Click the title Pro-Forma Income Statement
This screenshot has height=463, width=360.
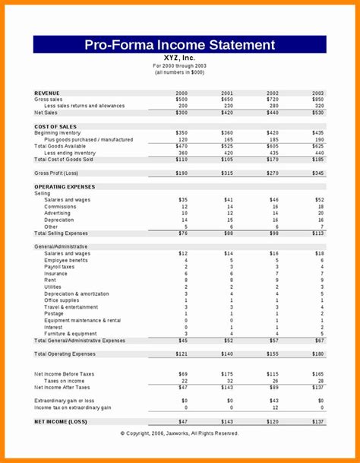[x=179, y=45]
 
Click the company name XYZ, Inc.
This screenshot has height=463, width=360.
[x=179, y=57]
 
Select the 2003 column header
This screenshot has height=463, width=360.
[x=317, y=93]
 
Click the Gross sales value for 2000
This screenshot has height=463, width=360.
[x=182, y=100]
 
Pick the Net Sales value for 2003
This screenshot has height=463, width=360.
[x=317, y=113]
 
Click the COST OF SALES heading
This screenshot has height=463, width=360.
[x=55, y=126]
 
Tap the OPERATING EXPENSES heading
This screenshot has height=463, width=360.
[x=66, y=186]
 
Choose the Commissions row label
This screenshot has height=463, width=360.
[x=61, y=207]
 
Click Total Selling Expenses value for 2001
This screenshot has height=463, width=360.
[x=228, y=233]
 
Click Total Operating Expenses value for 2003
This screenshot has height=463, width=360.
[x=317, y=354]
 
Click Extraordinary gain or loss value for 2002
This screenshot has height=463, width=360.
[x=273, y=401]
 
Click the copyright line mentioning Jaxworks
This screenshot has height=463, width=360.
[x=179, y=433]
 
